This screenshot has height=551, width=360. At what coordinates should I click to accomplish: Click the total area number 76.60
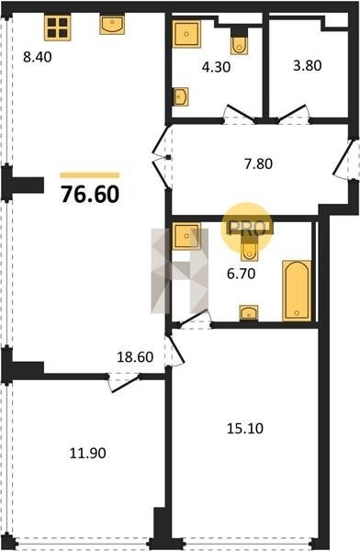[90, 195]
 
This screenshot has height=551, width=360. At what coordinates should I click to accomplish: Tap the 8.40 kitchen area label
[38, 57]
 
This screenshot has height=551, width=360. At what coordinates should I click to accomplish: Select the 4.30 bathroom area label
[216, 67]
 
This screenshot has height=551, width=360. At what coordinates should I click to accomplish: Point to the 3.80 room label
[308, 66]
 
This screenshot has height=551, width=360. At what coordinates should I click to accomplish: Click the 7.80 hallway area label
[258, 164]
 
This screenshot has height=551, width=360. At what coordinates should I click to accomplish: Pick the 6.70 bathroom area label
[242, 274]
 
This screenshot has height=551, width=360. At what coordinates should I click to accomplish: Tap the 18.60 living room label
[135, 357]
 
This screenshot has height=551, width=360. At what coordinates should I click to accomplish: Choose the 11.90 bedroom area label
[88, 453]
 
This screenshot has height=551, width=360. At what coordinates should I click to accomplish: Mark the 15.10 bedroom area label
[245, 428]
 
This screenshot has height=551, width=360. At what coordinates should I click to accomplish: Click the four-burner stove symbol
[58, 28]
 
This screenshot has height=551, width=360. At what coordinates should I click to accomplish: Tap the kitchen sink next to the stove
[112, 25]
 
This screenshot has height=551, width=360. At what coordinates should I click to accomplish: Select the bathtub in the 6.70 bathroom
[297, 290]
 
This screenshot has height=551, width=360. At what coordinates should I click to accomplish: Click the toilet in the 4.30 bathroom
[240, 41]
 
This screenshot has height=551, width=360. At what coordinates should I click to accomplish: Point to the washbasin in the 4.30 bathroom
[181, 96]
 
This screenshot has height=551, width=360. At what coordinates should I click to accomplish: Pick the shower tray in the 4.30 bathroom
[186, 34]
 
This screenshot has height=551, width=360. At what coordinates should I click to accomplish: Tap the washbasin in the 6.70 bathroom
[249, 312]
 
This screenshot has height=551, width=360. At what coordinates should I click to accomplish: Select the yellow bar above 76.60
[90, 175]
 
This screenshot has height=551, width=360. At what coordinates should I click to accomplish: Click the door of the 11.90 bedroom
[124, 383]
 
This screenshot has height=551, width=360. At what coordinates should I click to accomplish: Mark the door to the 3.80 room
[293, 113]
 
